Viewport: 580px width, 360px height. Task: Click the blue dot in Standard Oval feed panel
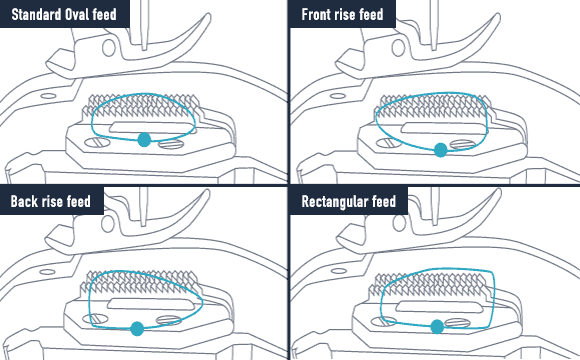[x=144, y=140]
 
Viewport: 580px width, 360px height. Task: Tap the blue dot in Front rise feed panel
[x=441, y=150]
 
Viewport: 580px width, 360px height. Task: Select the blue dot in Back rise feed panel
[x=137, y=329]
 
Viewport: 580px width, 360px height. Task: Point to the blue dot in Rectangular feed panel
[x=437, y=327]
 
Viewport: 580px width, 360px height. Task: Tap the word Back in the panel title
[x=24, y=201]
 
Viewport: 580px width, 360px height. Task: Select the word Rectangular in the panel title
[x=335, y=202]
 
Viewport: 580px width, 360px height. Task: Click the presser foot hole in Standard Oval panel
[x=108, y=48]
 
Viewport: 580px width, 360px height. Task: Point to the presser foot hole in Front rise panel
[x=398, y=48]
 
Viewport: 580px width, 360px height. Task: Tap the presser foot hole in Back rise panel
[x=108, y=223]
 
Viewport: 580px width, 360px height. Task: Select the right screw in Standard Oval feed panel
[x=171, y=144]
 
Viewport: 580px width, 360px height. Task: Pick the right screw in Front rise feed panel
[x=462, y=145]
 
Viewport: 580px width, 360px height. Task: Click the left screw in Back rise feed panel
[x=95, y=319]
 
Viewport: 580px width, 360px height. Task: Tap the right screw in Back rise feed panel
[x=169, y=320]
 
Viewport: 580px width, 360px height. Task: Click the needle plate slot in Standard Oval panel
[x=152, y=127]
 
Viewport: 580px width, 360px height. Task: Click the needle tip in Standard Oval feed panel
[x=144, y=48]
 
